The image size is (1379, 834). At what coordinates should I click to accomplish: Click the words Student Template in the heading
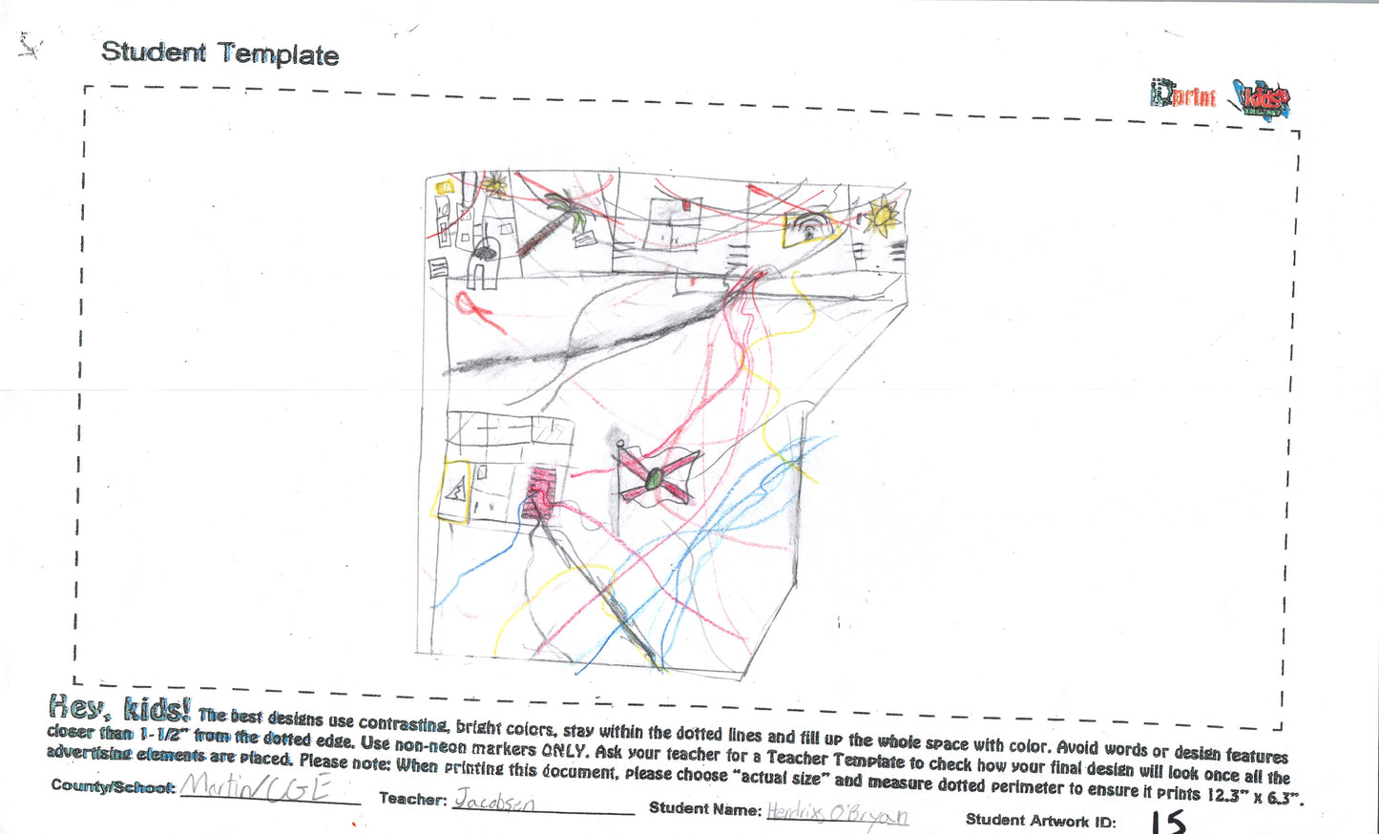(219, 52)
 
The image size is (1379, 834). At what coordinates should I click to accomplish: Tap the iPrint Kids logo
(1221, 97)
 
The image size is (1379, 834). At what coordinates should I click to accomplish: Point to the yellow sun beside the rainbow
(882, 218)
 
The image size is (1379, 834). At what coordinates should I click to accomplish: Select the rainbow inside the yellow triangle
(808, 227)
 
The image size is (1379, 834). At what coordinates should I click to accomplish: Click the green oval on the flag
(656, 475)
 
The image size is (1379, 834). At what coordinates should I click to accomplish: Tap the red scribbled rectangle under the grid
(541, 491)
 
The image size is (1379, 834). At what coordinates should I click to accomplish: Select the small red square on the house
(686, 203)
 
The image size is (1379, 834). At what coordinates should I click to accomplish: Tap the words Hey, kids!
(119, 708)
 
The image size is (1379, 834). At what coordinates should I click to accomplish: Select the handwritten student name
(837, 814)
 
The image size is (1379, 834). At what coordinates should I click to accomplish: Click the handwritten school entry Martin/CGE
(256, 788)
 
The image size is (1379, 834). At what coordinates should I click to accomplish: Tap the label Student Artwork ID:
(1040, 820)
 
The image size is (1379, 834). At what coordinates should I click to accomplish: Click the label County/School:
(113, 786)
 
